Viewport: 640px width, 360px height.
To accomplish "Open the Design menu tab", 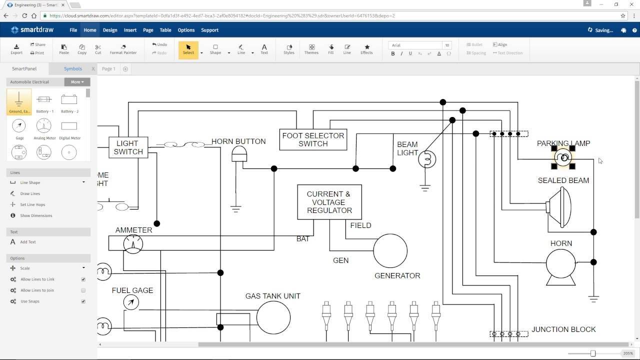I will tap(110, 30).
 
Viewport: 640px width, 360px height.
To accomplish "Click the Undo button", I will tap(159, 44).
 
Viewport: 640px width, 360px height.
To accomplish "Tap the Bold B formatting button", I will tap(393, 53).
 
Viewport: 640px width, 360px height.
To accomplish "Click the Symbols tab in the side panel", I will tap(73, 68).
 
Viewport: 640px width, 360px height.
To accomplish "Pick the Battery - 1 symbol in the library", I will tap(44, 101).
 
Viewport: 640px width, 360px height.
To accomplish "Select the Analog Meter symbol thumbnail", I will tap(44, 128).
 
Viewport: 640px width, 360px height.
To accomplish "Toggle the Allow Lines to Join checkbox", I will tap(83, 290).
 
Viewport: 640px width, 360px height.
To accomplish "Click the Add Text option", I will tap(28, 242).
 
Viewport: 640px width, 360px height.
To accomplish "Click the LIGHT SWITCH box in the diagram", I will tap(128, 147).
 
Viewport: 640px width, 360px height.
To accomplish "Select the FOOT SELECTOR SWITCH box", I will tap(313, 139).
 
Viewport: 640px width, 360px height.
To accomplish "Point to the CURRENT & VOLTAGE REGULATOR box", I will tap(329, 202).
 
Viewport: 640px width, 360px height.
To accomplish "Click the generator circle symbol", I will tap(390, 250).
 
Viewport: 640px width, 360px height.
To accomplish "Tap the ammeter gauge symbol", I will tap(133, 244).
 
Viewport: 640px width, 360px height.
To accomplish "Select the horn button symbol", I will tap(239, 154).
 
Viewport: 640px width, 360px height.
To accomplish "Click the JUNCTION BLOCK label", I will tap(563, 329).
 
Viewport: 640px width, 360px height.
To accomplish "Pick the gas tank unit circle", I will tap(273, 317).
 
